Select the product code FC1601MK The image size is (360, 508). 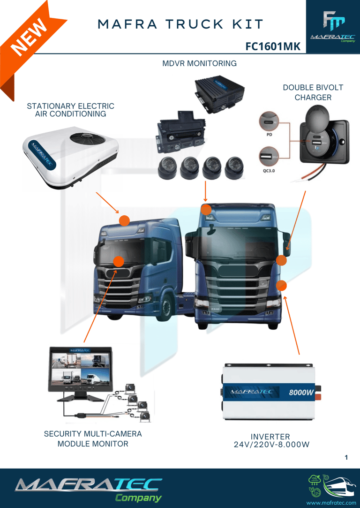pos(273,47)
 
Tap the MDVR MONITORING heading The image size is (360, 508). pos(199,63)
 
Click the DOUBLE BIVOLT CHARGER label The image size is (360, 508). pos(313,92)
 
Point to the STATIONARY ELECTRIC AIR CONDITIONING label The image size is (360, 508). pos(71,110)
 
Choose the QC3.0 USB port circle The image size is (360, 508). pos(269,155)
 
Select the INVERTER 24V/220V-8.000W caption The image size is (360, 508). pos(271,440)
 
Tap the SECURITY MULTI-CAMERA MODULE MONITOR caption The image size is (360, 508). pos(93,439)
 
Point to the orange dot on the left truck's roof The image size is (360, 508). pos(124,220)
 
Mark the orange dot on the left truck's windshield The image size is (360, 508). pos(119,261)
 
